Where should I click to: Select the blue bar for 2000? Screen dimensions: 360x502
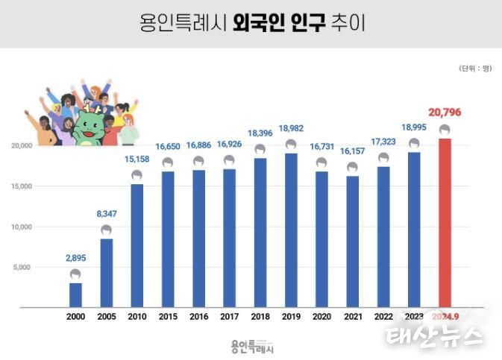coord(75,294)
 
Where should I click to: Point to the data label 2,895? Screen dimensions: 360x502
coord(75,259)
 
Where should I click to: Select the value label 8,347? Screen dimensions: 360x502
coord(106,215)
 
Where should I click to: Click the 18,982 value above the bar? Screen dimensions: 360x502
coord(291,129)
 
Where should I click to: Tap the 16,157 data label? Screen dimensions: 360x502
coord(352,151)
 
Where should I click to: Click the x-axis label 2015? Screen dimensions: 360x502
coord(168,316)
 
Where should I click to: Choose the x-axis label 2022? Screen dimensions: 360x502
coord(383,316)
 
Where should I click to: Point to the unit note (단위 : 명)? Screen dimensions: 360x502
coord(474,68)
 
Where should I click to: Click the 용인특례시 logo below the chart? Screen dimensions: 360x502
coord(251,346)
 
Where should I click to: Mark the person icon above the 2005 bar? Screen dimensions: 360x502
coord(106,230)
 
